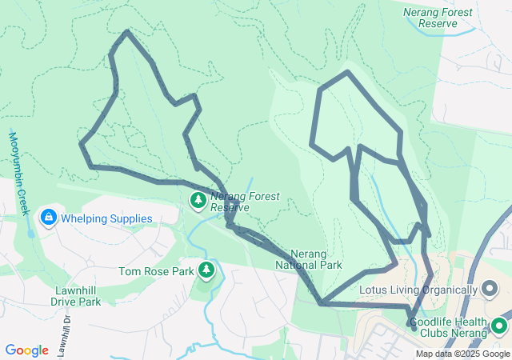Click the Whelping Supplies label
106,218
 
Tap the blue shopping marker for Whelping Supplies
48,217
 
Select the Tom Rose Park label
157,271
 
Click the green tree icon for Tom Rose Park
206,270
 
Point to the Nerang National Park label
309,259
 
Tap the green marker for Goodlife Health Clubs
500,326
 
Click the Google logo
26,350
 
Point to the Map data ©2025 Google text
462,354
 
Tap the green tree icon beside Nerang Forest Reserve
198,199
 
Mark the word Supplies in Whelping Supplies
129,218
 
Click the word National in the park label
308,265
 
